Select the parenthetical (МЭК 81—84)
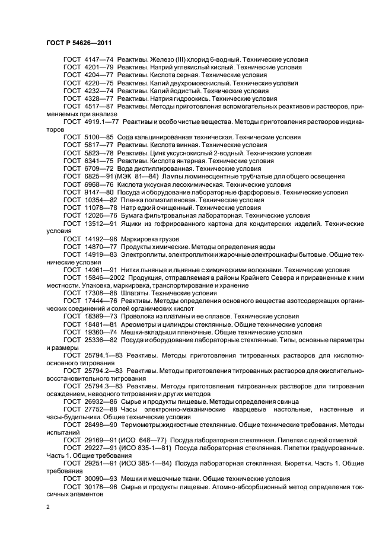pos(142,177)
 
